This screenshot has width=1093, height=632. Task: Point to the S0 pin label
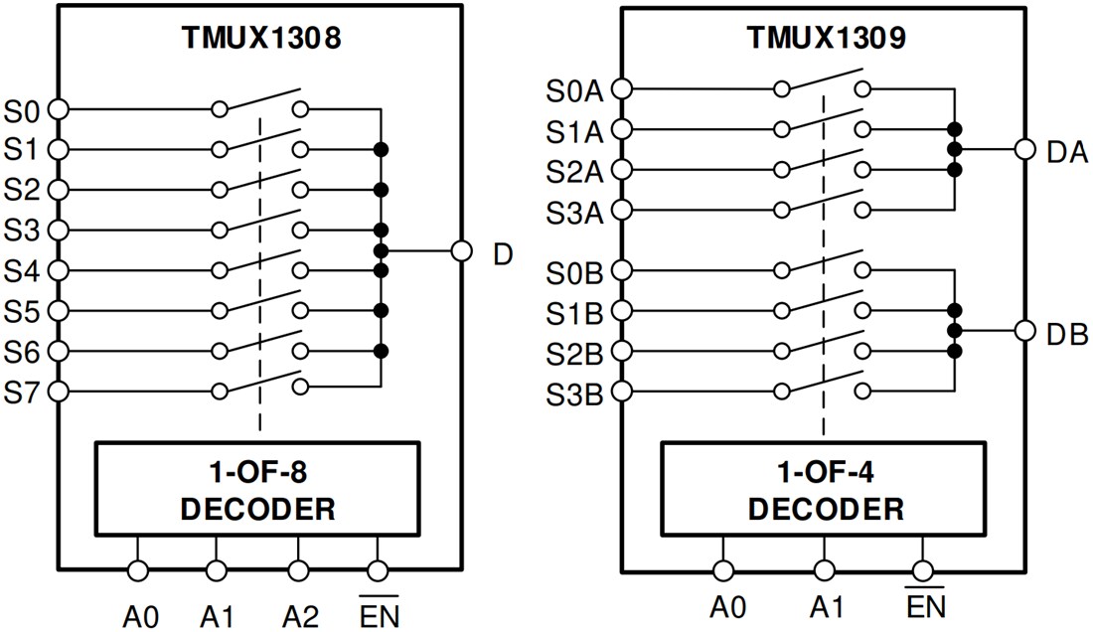click(23, 109)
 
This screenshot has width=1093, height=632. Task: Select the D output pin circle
click(460, 250)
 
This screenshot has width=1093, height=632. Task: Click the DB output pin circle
click(1024, 331)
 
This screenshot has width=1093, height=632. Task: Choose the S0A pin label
click(574, 90)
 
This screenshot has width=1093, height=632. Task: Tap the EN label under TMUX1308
click(377, 615)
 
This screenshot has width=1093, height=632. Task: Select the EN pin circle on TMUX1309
click(924, 570)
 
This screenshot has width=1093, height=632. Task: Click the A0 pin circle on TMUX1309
click(723, 570)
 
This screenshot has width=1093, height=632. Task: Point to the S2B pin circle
click(622, 351)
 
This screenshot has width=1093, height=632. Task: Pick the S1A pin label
click(574, 130)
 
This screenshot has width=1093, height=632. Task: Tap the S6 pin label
click(23, 351)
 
